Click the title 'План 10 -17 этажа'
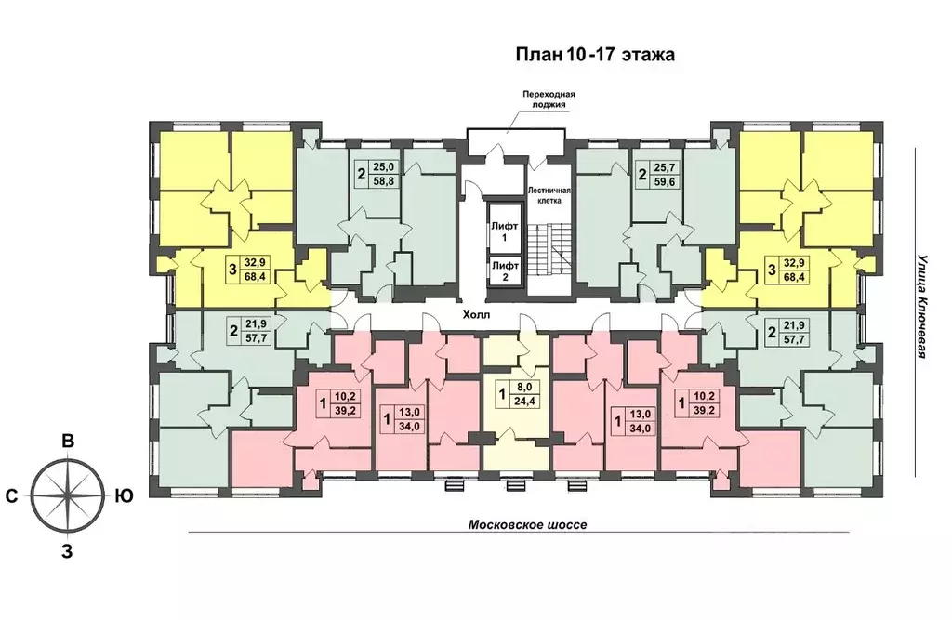[595, 55]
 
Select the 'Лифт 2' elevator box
[505, 271]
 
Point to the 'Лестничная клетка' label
[549, 195]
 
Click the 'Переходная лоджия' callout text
[549, 99]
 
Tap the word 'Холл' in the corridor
[475, 315]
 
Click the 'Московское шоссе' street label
[528, 524]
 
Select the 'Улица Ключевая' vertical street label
[922, 306]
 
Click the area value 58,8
[388, 180]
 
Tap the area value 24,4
[523, 401]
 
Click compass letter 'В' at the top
[68, 442]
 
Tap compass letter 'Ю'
[124, 496]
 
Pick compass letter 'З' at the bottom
[67, 551]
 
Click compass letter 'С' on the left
[11, 496]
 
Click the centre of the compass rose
[67, 496]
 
